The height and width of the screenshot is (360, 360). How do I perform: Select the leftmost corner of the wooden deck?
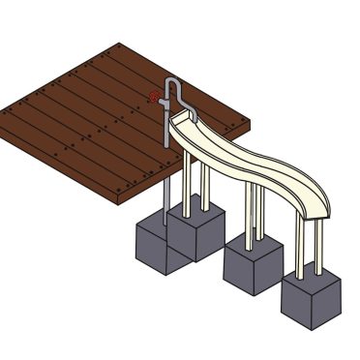tap(3, 106)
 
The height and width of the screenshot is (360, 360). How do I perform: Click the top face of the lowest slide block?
tap(312, 283)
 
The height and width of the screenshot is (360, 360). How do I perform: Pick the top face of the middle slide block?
tap(254, 248)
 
